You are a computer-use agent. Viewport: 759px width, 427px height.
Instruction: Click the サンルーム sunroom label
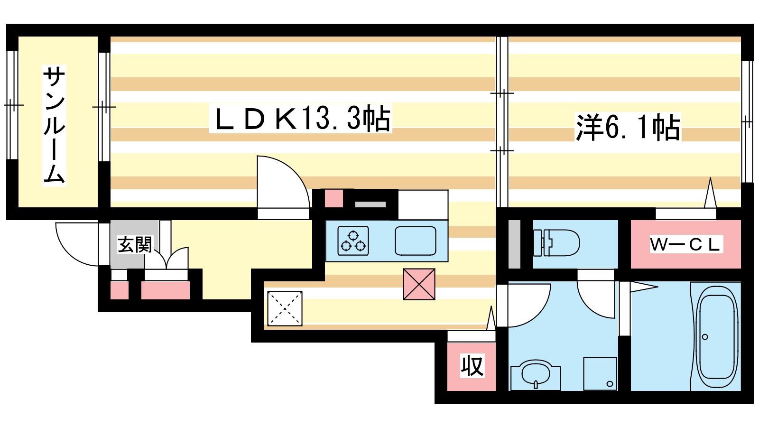point(54,125)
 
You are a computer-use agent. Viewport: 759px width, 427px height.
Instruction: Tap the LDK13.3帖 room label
point(300,118)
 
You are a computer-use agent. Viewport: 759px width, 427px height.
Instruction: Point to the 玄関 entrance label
point(135,245)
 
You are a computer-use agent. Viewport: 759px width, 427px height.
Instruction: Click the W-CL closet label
point(685,244)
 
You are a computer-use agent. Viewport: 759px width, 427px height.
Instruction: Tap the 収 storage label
point(472,366)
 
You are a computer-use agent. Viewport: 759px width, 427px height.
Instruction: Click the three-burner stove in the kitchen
point(353,241)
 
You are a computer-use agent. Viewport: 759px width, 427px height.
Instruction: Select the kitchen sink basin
point(416,241)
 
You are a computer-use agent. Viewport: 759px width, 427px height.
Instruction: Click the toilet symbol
point(556,243)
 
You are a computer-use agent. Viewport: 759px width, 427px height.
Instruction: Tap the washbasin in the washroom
point(536,376)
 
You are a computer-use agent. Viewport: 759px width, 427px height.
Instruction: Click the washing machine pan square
point(600,373)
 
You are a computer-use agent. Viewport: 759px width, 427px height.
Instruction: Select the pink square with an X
point(419,284)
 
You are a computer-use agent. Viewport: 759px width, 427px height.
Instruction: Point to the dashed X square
point(285,308)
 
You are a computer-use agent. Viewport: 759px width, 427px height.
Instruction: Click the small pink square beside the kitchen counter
point(334,199)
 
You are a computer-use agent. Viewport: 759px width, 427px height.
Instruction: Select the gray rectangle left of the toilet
point(514,244)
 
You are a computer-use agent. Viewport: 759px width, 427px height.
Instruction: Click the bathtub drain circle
point(705,337)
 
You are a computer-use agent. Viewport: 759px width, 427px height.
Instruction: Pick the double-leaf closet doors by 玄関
point(166,259)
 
